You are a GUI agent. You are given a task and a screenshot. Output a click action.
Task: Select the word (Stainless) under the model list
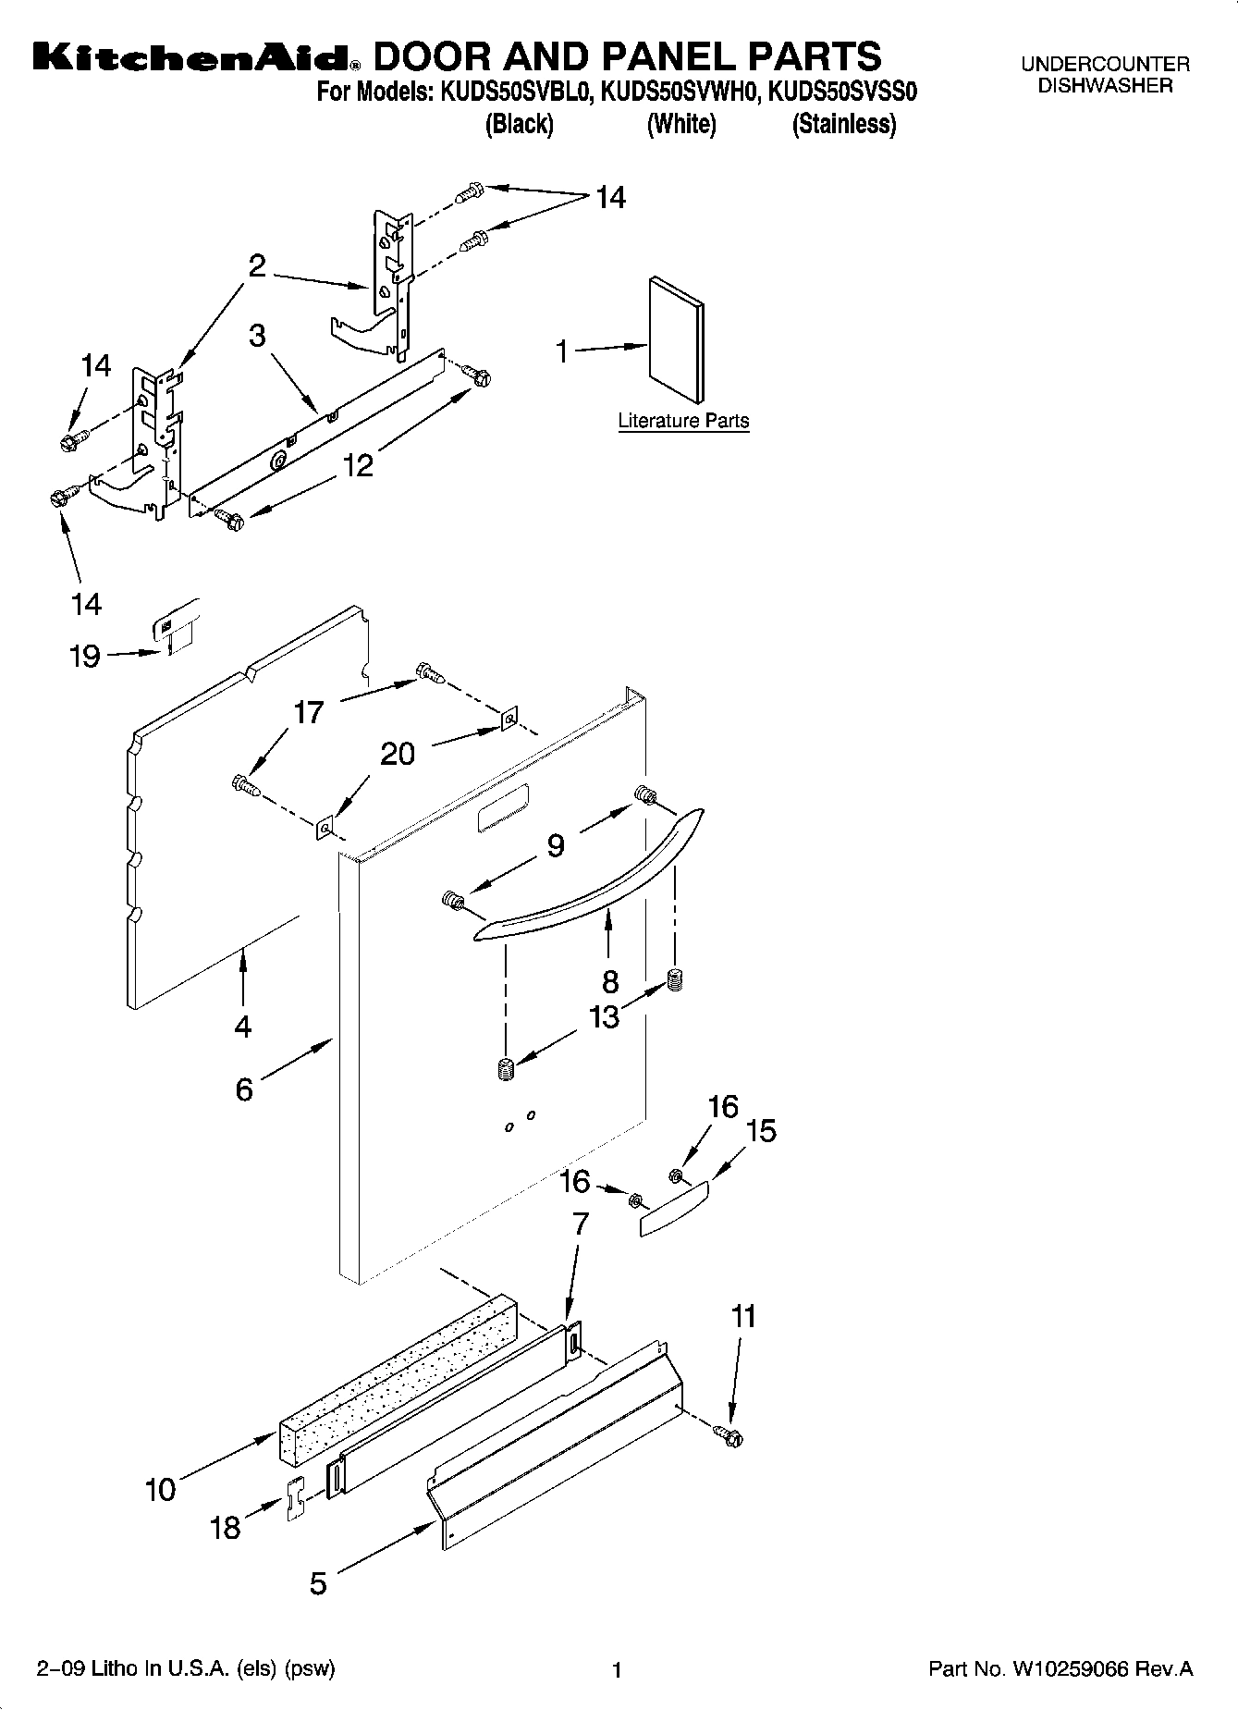click(x=843, y=124)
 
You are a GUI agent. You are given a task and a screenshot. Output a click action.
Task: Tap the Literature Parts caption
click(x=683, y=421)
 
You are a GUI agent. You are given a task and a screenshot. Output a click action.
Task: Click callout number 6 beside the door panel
click(x=244, y=1089)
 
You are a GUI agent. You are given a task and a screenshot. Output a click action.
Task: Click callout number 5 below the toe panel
click(x=318, y=1584)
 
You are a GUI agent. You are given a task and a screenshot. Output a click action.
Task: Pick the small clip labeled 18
click(x=295, y=1499)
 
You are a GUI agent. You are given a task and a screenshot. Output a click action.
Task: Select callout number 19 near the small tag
click(x=85, y=656)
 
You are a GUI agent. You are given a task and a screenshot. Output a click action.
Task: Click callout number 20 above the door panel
click(x=398, y=754)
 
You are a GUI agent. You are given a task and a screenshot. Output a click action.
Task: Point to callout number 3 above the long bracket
click(x=257, y=335)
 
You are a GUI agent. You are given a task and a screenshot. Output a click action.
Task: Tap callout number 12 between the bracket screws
click(x=358, y=464)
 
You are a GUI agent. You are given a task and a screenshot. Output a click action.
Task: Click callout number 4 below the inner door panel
click(x=243, y=1026)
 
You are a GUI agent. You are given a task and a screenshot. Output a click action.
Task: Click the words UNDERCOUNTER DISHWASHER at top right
click(x=1105, y=75)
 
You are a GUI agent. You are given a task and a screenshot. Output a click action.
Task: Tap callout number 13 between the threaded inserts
click(x=605, y=1016)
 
